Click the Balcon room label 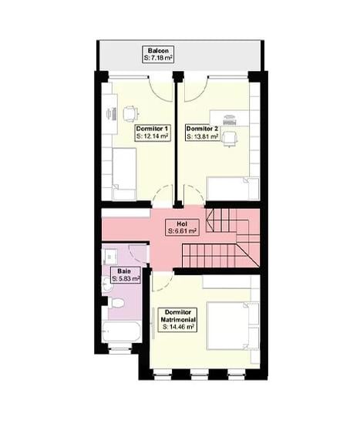[x=159, y=50]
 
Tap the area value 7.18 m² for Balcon [x=159, y=58]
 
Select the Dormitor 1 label [x=152, y=128]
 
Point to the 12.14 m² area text [x=152, y=136]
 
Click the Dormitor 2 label [x=202, y=128]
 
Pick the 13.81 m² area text [x=202, y=136]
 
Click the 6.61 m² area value [x=182, y=230]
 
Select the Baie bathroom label [x=124, y=271]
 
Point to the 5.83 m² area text [x=126, y=278]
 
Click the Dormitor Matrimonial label [x=178, y=315]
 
